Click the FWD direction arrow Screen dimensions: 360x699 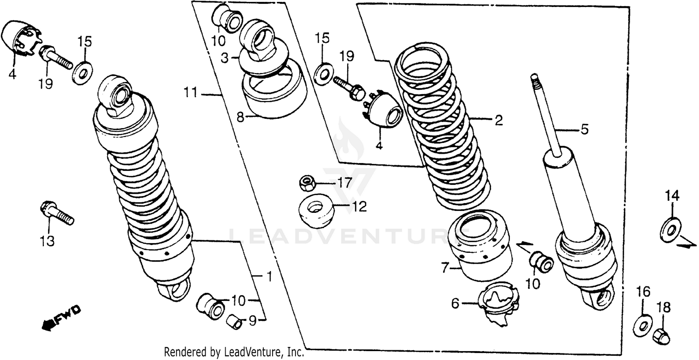point(61,318)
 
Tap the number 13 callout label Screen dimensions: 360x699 point(47,241)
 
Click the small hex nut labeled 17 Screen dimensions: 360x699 point(306,183)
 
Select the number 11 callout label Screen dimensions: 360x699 point(190,94)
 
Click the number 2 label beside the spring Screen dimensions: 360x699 point(498,121)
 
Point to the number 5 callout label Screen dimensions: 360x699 point(584,129)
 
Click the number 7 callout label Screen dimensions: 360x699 point(445,268)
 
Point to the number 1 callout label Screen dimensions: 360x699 point(268,277)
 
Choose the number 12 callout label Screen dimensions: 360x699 point(359,206)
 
